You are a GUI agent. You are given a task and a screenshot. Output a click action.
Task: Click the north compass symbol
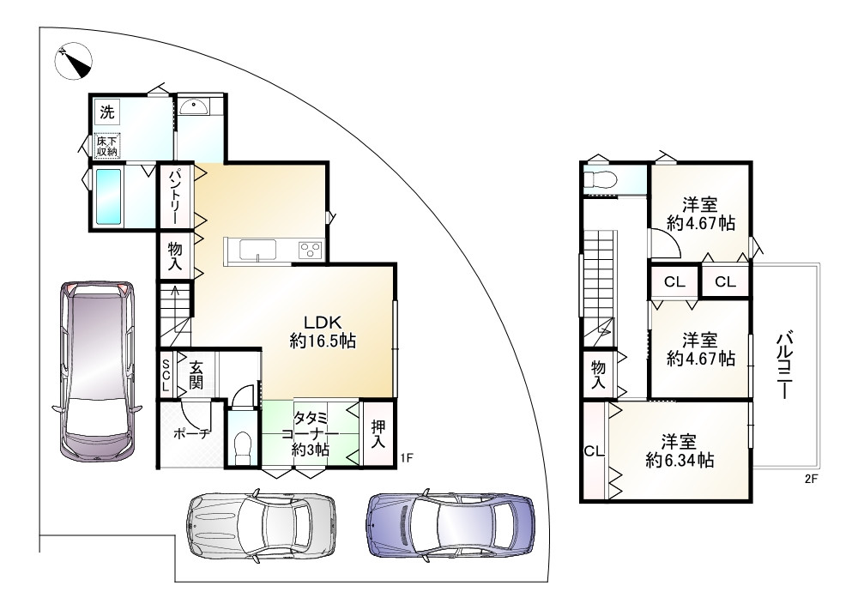pos(74,61)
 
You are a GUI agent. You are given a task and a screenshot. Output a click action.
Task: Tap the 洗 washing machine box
pos(107,112)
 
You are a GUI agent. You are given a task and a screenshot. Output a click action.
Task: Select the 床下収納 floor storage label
pos(107,146)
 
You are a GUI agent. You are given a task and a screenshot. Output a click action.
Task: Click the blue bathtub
pos(108,196)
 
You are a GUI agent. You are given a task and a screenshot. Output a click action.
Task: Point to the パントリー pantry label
pos(174,196)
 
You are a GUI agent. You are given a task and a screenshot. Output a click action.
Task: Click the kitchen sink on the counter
pos(257,251)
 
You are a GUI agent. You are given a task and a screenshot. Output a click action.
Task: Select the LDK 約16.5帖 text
pos(323,332)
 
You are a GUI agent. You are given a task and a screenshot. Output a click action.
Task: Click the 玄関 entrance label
pos(196,374)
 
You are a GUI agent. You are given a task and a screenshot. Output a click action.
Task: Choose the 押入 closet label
pos(378,434)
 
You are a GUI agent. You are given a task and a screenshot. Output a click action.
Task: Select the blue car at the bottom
pos(451,523)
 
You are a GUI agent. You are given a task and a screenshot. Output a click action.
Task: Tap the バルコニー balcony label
pos(785,365)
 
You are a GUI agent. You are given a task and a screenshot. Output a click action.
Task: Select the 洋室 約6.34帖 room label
pos(679,450)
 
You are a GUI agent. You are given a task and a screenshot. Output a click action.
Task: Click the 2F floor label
pos(811,480)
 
